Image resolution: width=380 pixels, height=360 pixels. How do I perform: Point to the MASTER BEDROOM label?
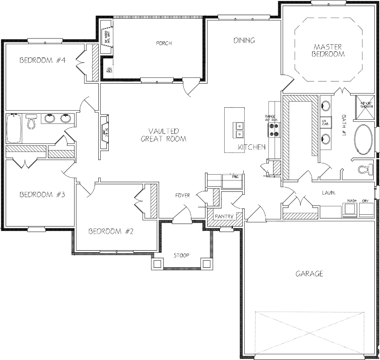tap(328, 50)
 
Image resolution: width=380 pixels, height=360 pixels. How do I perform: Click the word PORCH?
tap(163, 43)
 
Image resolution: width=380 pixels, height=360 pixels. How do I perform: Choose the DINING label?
tap(244, 40)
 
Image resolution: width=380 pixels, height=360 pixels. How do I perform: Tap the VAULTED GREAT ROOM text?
tap(163, 135)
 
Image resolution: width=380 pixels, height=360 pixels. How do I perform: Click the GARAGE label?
tap(309, 274)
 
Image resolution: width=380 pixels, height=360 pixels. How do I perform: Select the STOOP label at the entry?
tap(181, 256)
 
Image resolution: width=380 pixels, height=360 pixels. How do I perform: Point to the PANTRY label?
tap(224, 217)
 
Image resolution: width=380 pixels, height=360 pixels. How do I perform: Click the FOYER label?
tap(182, 195)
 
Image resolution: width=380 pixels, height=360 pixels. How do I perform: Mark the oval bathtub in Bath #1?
tap(364, 140)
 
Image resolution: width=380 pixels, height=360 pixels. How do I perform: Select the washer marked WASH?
tap(351, 209)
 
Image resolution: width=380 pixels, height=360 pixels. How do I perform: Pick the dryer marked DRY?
tap(365, 209)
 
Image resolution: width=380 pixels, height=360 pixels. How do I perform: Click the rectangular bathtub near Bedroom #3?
tap(13, 129)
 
